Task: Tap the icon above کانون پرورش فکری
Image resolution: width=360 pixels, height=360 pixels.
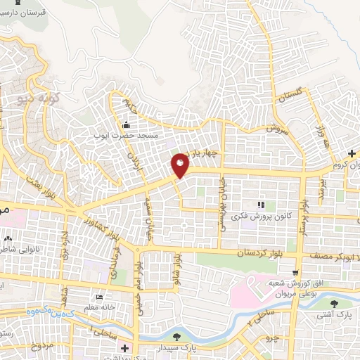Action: (x=261, y=205)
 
